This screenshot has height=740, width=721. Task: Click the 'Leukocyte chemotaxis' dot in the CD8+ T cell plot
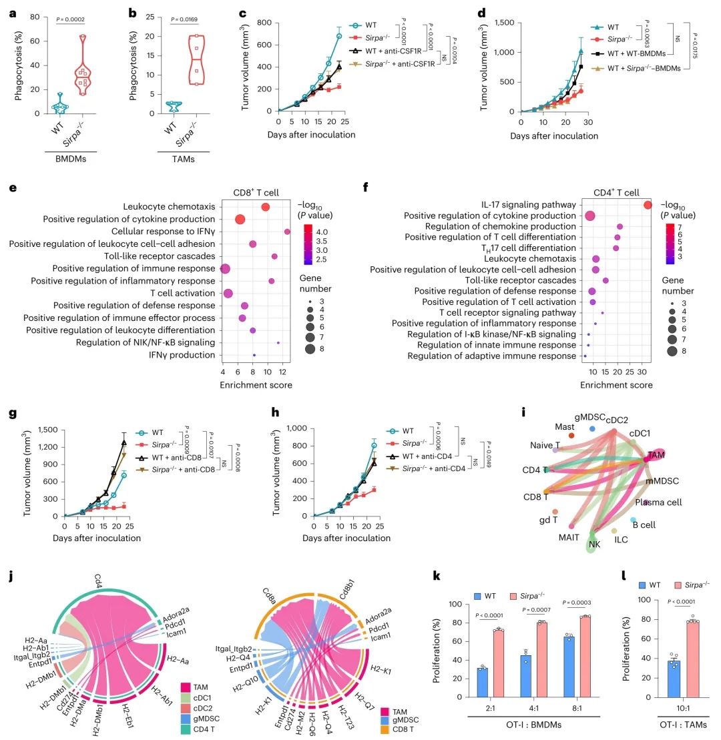pos(265,207)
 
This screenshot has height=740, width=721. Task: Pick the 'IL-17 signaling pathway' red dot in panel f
pos(647,204)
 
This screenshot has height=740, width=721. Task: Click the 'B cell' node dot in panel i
pos(633,520)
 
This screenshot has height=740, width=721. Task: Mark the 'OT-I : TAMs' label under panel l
pos(661,724)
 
